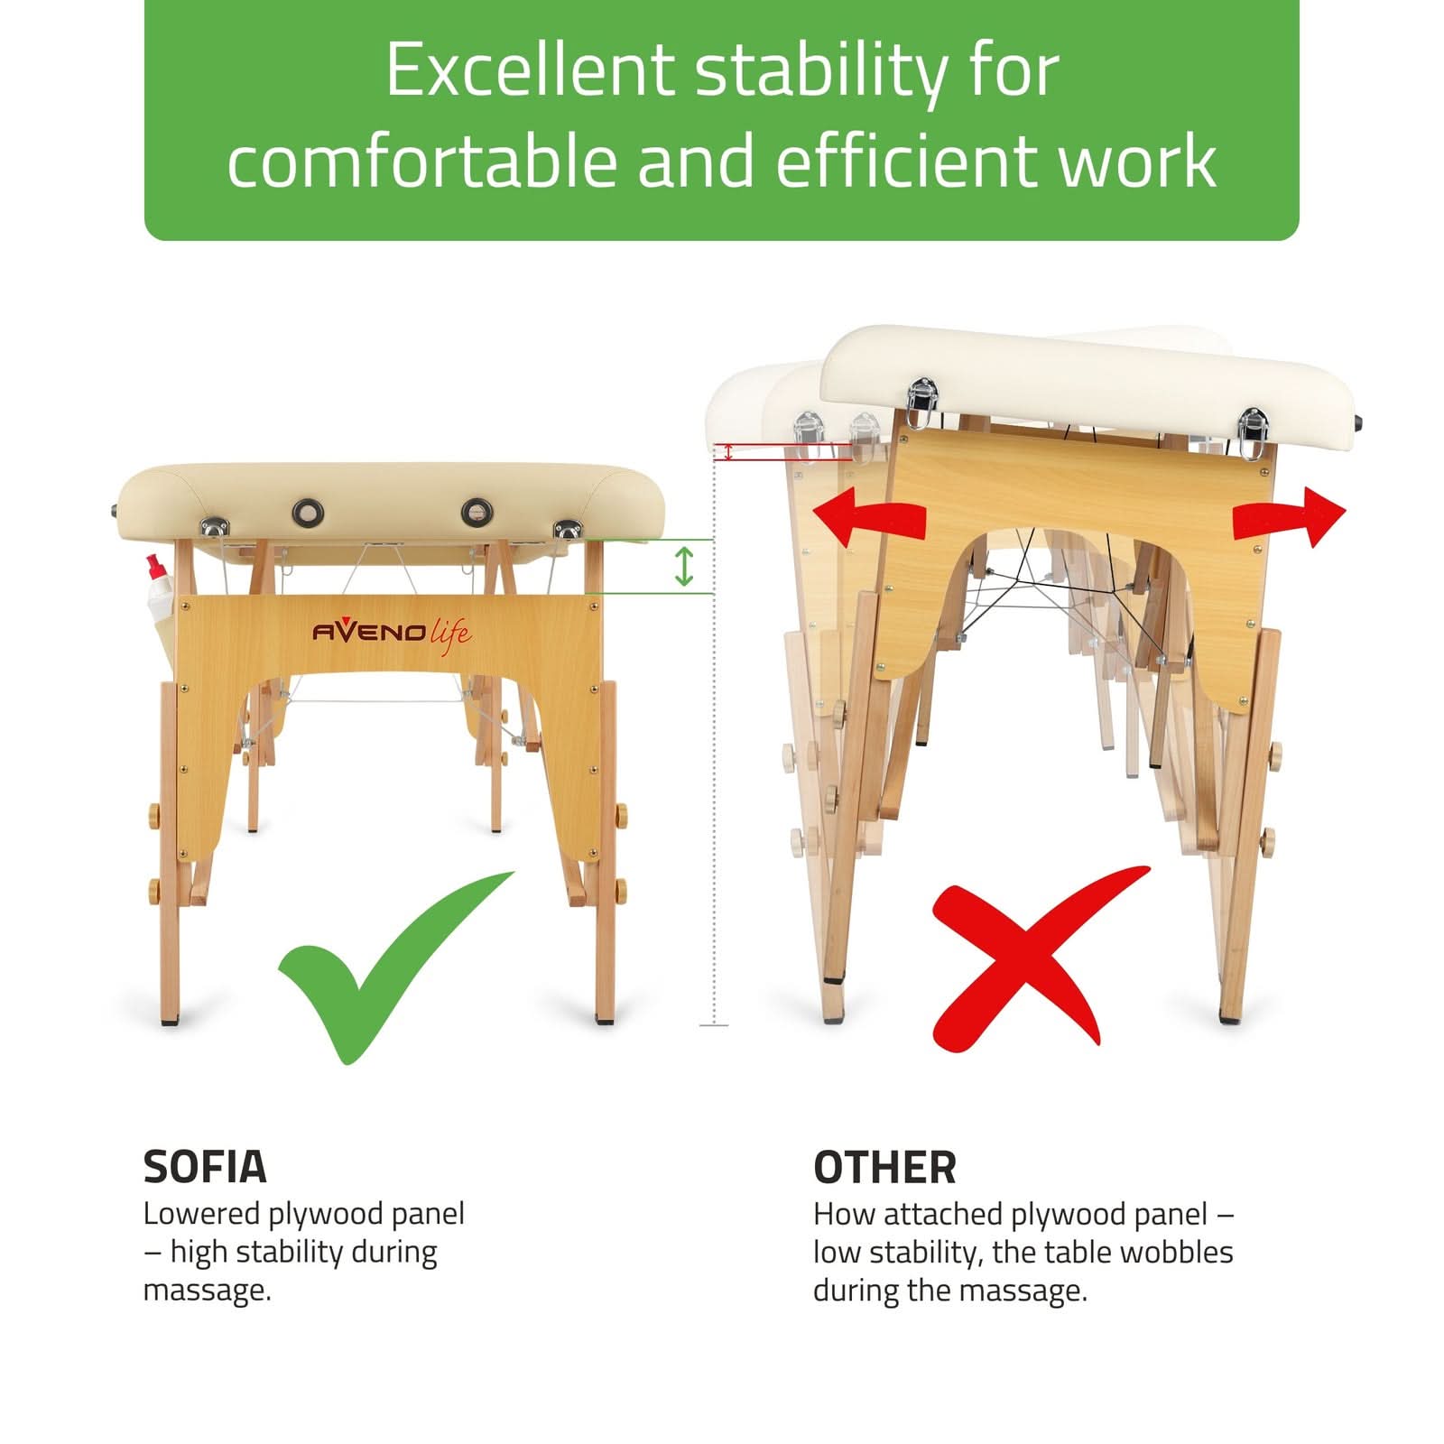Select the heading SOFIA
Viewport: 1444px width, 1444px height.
(205, 1167)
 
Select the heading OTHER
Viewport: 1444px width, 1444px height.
(884, 1168)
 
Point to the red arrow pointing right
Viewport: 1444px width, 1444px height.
(1290, 517)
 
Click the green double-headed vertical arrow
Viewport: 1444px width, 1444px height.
(684, 566)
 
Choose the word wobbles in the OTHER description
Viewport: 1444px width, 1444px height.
(1174, 1252)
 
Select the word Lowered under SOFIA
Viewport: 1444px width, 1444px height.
(201, 1214)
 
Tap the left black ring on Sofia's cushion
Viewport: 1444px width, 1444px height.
(308, 514)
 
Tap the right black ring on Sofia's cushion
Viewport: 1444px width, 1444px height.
(477, 513)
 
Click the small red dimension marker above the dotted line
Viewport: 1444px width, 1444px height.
(728, 451)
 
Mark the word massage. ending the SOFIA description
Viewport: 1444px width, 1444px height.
(207, 1291)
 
